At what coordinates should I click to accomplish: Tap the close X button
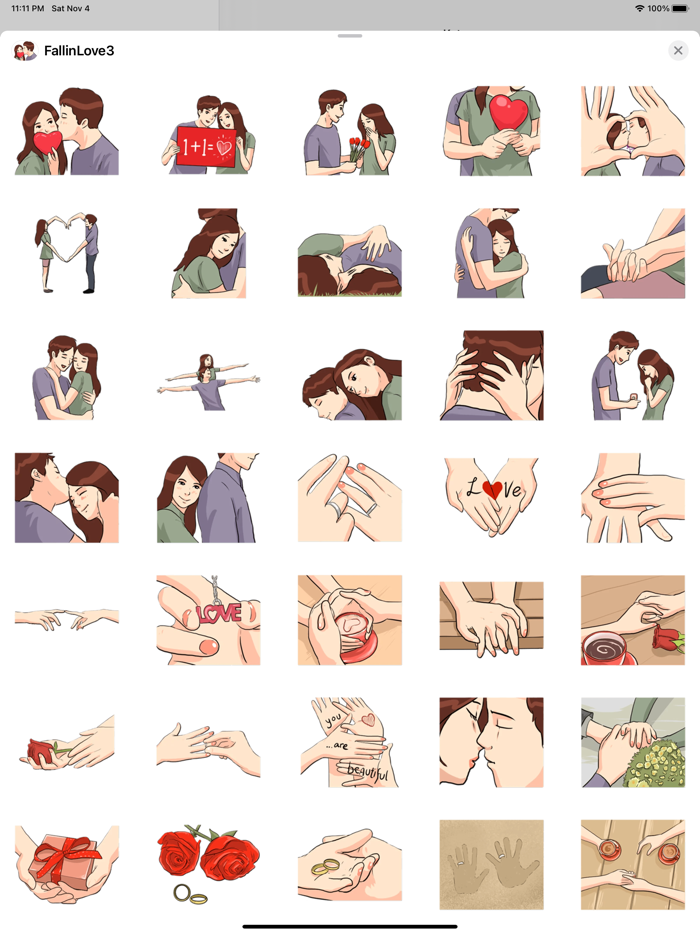[x=678, y=51]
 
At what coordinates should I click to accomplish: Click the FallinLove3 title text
[x=79, y=51]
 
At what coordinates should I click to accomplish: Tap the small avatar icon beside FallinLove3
[x=25, y=51]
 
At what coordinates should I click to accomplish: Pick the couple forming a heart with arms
[x=66, y=254]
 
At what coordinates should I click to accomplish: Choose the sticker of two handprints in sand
[x=491, y=864]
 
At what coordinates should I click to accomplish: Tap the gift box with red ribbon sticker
[x=66, y=864]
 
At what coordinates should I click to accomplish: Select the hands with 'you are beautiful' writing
[x=350, y=742]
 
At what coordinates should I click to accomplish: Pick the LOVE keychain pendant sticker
[x=208, y=620]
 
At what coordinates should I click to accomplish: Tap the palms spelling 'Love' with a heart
[x=491, y=497]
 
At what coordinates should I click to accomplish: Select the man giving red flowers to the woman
[x=350, y=132]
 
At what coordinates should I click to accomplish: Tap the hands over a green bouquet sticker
[x=632, y=742]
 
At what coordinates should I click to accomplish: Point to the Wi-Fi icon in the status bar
[x=639, y=8]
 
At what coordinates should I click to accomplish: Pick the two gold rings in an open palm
[x=350, y=864]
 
